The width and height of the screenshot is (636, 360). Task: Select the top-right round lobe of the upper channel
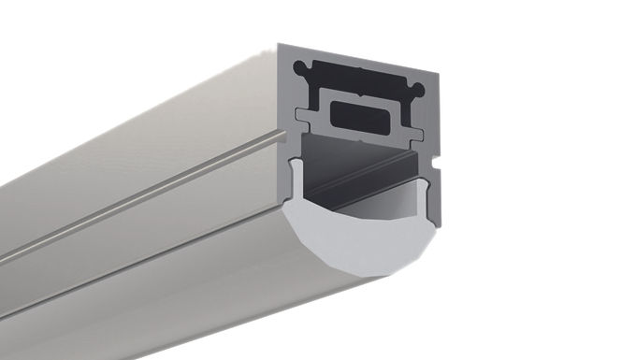pyautogui.click(x=418, y=89)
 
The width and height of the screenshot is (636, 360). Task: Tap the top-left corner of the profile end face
pyautogui.click(x=279, y=44)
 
